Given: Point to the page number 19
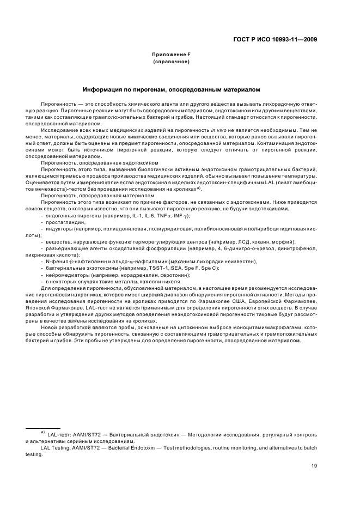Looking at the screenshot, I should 314,465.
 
